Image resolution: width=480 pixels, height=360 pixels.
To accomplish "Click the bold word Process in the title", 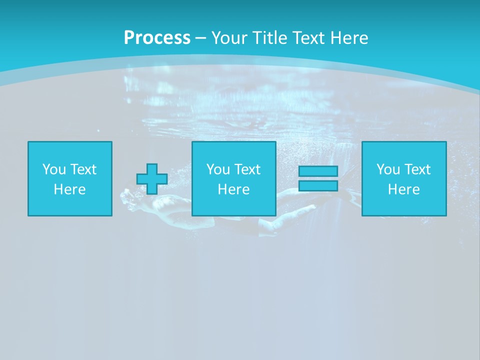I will pyautogui.click(x=157, y=38).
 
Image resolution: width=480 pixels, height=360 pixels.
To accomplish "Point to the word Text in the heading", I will pyautogui.click(x=308, y=38).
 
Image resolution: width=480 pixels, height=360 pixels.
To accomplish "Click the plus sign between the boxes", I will pyautogui.click(x=152, y=179).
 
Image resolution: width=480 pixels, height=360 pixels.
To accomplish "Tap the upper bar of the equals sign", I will pyautogui.click(x=318, y=171).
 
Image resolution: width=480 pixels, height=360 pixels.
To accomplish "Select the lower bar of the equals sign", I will pyautogui.click(x=318, y=185).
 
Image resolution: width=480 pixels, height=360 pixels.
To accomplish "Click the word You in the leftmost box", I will pyautogui.click(x=54, y=169).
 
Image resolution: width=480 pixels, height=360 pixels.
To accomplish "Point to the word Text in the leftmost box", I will pyautogui.click(x=83, y=169).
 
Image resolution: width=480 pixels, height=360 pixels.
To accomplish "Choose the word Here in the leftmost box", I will pyautogui.click(x=69, y=189).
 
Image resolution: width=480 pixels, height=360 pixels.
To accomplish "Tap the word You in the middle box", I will pyautogui.click(x=218, y=169).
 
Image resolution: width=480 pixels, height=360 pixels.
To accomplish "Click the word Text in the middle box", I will pyautogui.click(x=247, y=169).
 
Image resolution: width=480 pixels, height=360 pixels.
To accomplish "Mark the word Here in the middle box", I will pyautogui.click(x=233, y=189).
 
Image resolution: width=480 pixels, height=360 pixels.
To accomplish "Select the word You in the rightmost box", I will pyautogui.click(x=388, y=169).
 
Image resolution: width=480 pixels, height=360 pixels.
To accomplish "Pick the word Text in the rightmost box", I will pyautogui.click(x=417, y=169).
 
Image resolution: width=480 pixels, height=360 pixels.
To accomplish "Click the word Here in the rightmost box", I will pyautogui.click(x=403, y=189).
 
